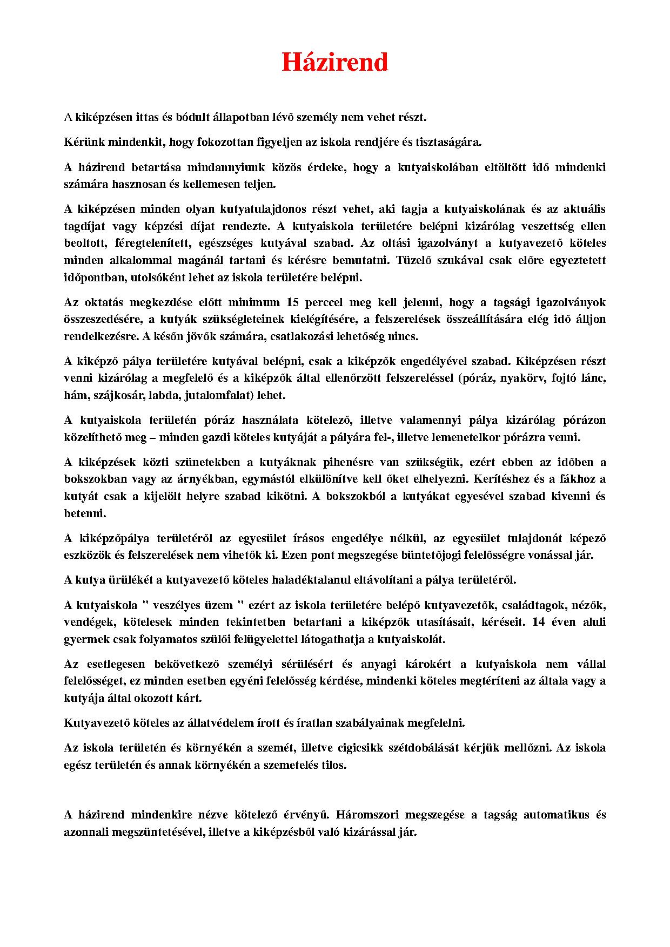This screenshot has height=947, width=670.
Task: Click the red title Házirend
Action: (334, 63)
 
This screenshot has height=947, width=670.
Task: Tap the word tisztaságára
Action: (448, 142)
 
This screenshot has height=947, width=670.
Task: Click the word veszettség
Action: (536, 226)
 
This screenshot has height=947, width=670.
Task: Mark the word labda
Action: (166, 395)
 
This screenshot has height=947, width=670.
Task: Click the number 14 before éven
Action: (538, 621)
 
